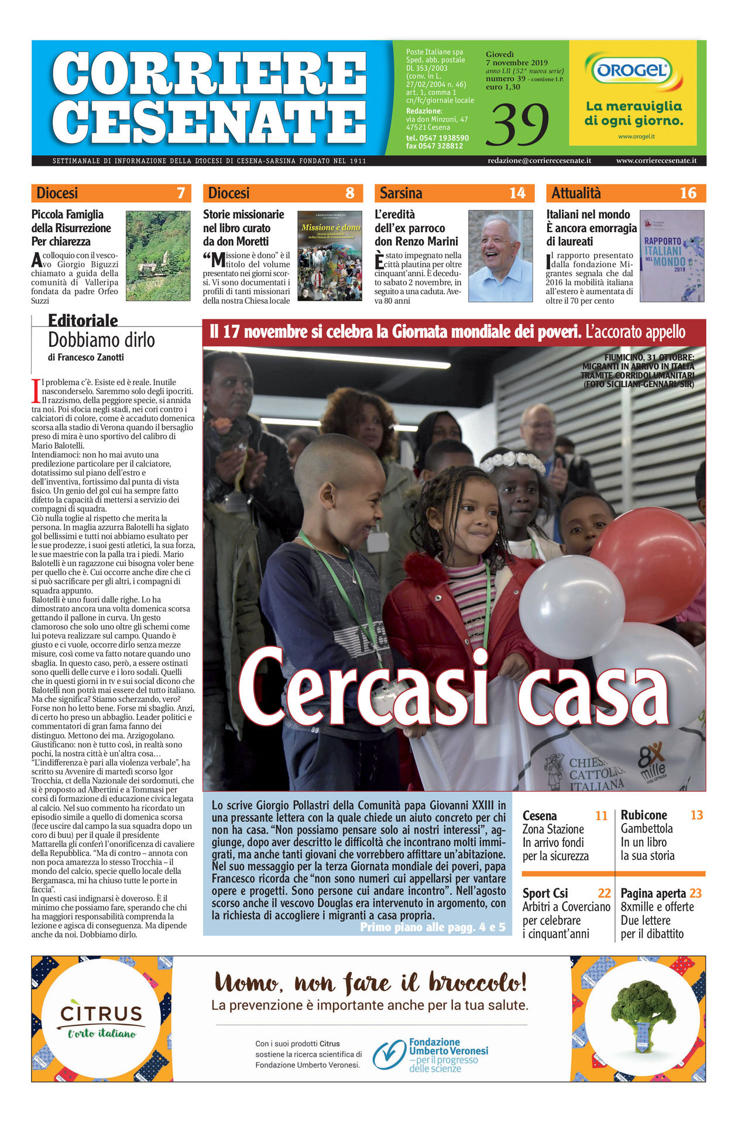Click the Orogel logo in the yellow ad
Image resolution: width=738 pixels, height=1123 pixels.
pyautogui.click(x=632, y=71)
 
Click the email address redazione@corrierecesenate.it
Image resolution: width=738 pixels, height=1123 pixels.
pyautogui.click(x=539, y=160)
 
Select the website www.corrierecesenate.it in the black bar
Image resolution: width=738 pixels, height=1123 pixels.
pyautogui.click(x=656, y=160)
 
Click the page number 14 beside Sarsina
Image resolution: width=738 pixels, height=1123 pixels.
pyautogui.click(x=517, y=193)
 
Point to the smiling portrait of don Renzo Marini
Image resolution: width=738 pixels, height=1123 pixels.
pyautogui.click(x=500, y=256)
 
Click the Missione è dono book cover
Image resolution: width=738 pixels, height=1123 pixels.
pyautogui.click(x=329, y=256)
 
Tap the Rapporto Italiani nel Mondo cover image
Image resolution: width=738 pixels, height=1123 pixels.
pyautogui.click(x=671, y=256)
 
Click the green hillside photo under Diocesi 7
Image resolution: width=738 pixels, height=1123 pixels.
pyautogui.click(x=158, y=256)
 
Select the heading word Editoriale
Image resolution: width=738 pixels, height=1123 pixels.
pyautogui.click(x=83, y=321)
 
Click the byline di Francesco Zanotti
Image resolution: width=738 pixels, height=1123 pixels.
pyautogui.click(x=86, y=357)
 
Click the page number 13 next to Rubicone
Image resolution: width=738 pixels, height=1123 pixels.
pyautogui.click(x=696, y=815)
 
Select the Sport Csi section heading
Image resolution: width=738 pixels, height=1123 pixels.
pyautogui.click(x=545, y=893)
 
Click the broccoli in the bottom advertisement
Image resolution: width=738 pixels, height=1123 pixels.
pyautogui.click(x=642, y=1016)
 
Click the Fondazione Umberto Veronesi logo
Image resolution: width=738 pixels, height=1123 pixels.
pyautogui.click(x=430, y=1055)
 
